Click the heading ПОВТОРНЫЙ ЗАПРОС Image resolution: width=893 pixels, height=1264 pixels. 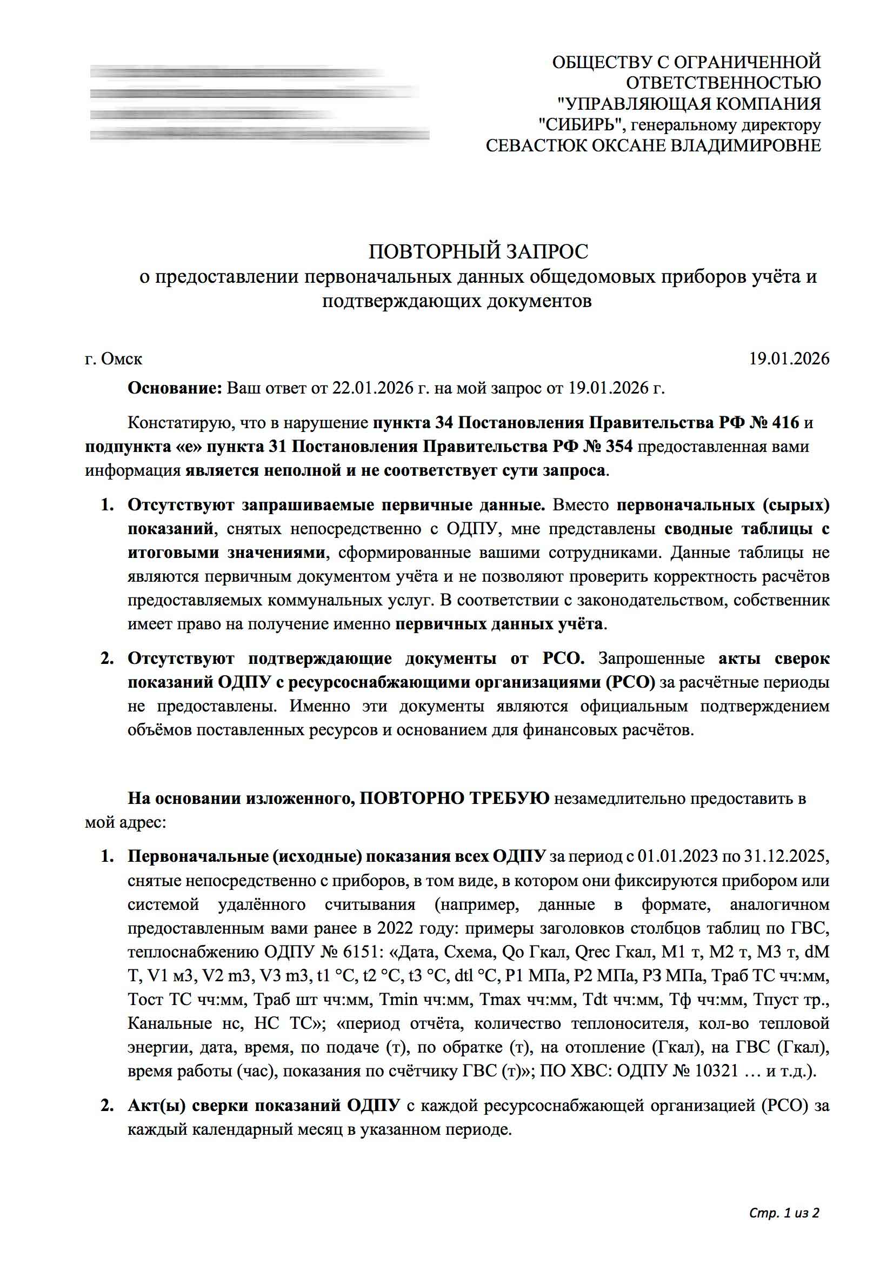[478, 251]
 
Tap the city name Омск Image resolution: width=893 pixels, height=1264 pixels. [122, 359]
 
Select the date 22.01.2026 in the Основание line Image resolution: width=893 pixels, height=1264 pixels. [372, 388]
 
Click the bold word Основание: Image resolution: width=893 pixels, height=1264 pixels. [175, 388]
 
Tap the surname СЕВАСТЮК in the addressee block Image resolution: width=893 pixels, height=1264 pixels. [537, 145]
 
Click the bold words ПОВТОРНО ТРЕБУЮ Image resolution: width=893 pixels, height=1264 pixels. [454, 799]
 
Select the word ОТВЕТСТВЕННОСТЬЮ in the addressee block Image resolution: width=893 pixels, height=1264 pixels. [723, 83]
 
